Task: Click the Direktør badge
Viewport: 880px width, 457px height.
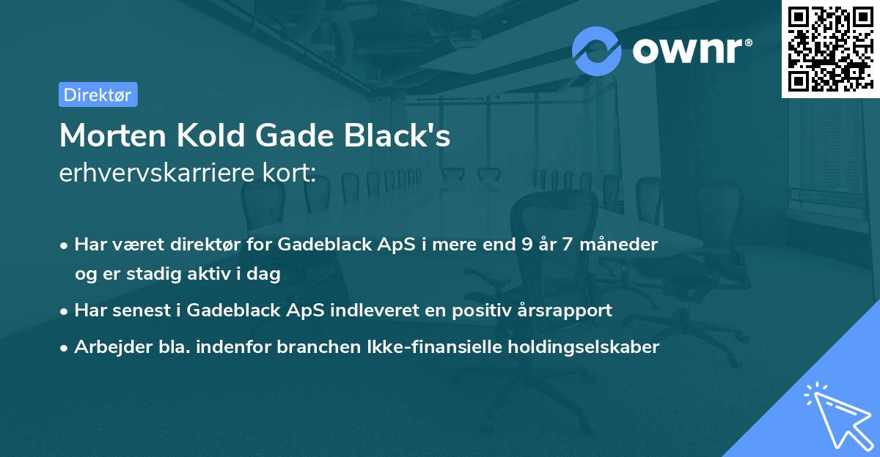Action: (98, 94)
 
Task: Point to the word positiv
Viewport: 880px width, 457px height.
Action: (478, 310)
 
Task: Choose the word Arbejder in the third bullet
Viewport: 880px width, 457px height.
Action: (109, 346)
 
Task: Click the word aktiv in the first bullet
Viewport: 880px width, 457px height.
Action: (215, 273)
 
